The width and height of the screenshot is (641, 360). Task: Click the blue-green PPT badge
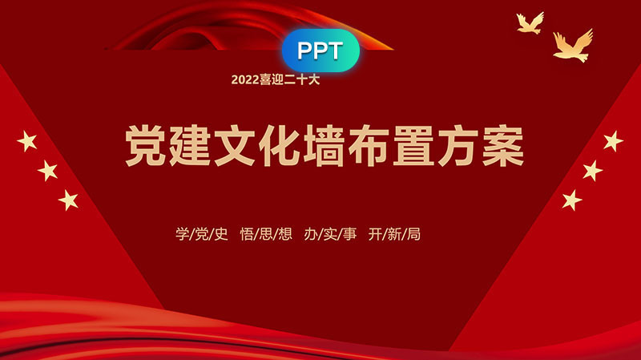click(x=320, y=51)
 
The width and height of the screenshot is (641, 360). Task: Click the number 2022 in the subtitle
click(x=245, y=79)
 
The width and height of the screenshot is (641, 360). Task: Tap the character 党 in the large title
click(x=145, y=146)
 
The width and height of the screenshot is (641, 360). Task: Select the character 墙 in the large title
click(x=324, y=146)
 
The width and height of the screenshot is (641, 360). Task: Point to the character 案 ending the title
click(x=503, y=146)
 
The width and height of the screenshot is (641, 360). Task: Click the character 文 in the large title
click(x=235, y=146)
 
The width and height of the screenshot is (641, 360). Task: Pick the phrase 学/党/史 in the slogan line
click(x=202, y=234)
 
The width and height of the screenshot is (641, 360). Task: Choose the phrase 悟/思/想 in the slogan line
click(x=266, y=234)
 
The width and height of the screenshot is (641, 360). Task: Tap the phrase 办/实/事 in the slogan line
click(x=330, y=234)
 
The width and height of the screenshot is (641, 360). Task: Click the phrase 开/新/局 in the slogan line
click(x=394, y=234)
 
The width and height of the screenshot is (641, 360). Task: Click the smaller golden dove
click(x=530, y=23)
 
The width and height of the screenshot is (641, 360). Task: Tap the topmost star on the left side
click(x=27, y=142)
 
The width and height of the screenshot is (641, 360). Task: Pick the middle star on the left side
click(x=48, y=171)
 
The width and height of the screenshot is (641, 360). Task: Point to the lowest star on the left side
click(x=68, y=200)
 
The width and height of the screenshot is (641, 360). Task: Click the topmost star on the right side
click(x=613, y=141)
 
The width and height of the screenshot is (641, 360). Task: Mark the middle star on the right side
click(x=592, y=171)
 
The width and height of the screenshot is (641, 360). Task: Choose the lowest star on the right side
click(x=572, y=200)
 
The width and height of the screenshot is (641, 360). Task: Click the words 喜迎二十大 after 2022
click(x=290, y=79)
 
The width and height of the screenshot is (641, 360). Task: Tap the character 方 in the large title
click(x=458, y=146)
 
